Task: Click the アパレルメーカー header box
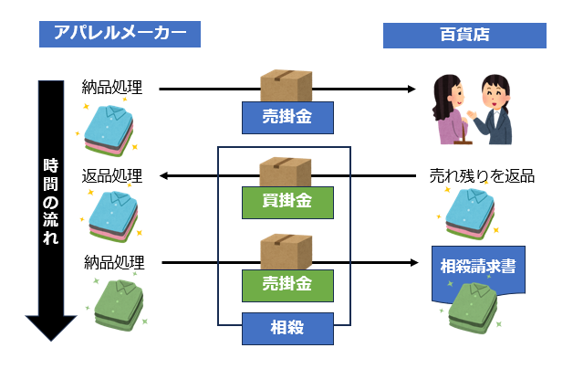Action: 120,34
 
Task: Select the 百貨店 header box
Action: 464,36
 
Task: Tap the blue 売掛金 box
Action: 287,118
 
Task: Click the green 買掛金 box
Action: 287,203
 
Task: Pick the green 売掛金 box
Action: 287,286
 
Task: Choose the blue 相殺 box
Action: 287,329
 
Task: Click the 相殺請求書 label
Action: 478,266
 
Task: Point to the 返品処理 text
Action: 112,176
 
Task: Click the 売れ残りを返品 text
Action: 482,176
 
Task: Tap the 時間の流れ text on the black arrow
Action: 51,201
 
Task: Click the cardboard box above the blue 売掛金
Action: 286,86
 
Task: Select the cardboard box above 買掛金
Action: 286,173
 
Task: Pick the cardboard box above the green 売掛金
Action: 286,252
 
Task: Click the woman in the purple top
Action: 450,110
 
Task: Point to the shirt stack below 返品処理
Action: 114,216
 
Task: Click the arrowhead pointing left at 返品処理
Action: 163,176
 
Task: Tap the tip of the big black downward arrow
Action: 51,341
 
